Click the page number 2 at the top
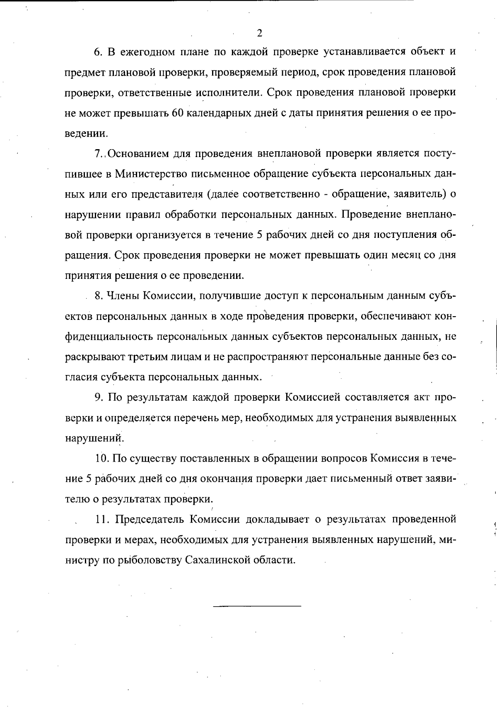259,33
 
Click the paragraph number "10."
102,458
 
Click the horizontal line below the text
257,607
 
